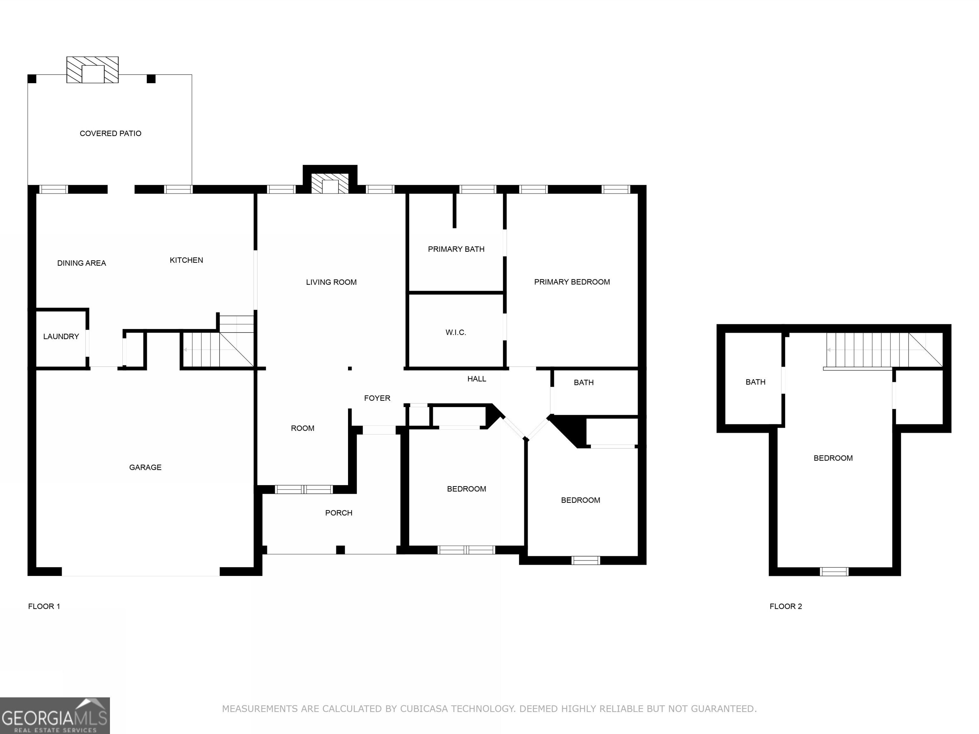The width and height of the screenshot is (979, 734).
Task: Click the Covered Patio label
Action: pos(110,133)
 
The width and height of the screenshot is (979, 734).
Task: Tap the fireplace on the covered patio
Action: pos(92,70)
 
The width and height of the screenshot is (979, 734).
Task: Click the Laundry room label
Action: pos(61,336)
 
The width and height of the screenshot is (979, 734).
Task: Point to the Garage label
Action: pos(145,467)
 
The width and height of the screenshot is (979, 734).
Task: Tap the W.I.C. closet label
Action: pos(456,332)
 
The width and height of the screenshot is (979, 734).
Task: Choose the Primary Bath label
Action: pos(456,249)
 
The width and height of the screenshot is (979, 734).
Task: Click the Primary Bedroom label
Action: pos(572,282)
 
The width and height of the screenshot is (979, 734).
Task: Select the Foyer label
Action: pos(377,398)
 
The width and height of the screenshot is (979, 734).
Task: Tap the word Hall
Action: pos(477,379)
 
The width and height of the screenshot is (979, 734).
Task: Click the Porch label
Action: pos(338,513)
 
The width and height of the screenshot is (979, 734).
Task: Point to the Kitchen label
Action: pos(186,260)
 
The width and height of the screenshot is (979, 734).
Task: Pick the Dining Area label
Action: pos(82,263)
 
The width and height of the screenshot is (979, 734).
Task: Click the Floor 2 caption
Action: pos(786,606)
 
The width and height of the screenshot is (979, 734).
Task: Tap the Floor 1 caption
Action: pos(44,606)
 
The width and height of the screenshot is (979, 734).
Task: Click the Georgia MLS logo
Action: pos(55,716)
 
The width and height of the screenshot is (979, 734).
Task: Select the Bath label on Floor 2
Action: pos(756,382)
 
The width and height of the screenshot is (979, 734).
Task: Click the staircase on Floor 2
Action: pos(883,350)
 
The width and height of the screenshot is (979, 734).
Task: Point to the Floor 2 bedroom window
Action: pos(834,572)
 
